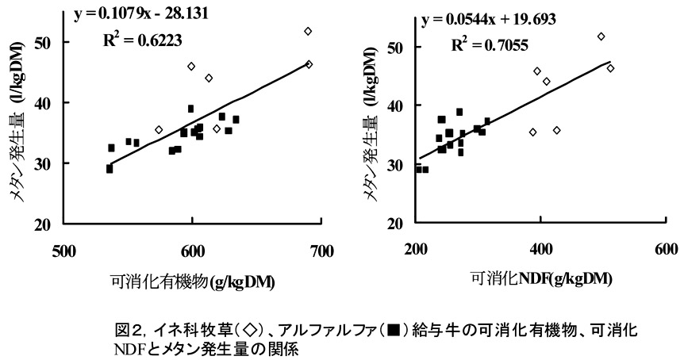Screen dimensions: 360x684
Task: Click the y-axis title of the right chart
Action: tap(367, 131)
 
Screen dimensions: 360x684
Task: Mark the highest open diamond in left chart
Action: tap(309, 31)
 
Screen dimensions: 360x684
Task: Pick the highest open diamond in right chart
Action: tap(601, 36)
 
